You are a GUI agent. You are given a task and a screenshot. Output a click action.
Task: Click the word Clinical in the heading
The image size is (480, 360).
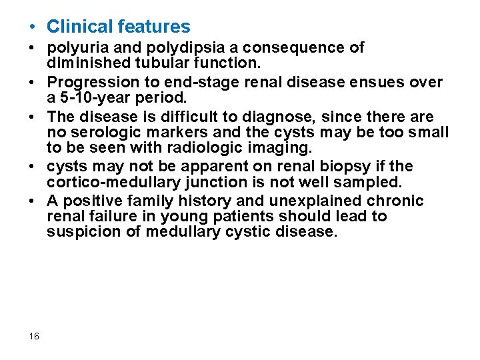tap(79, 27)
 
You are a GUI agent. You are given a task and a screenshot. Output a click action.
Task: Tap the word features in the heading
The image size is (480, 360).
tap(153, 27)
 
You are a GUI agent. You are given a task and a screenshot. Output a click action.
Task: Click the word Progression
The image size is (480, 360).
tap(90, 83)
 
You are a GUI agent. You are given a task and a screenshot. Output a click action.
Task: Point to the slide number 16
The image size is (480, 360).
tap(35, 337)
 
